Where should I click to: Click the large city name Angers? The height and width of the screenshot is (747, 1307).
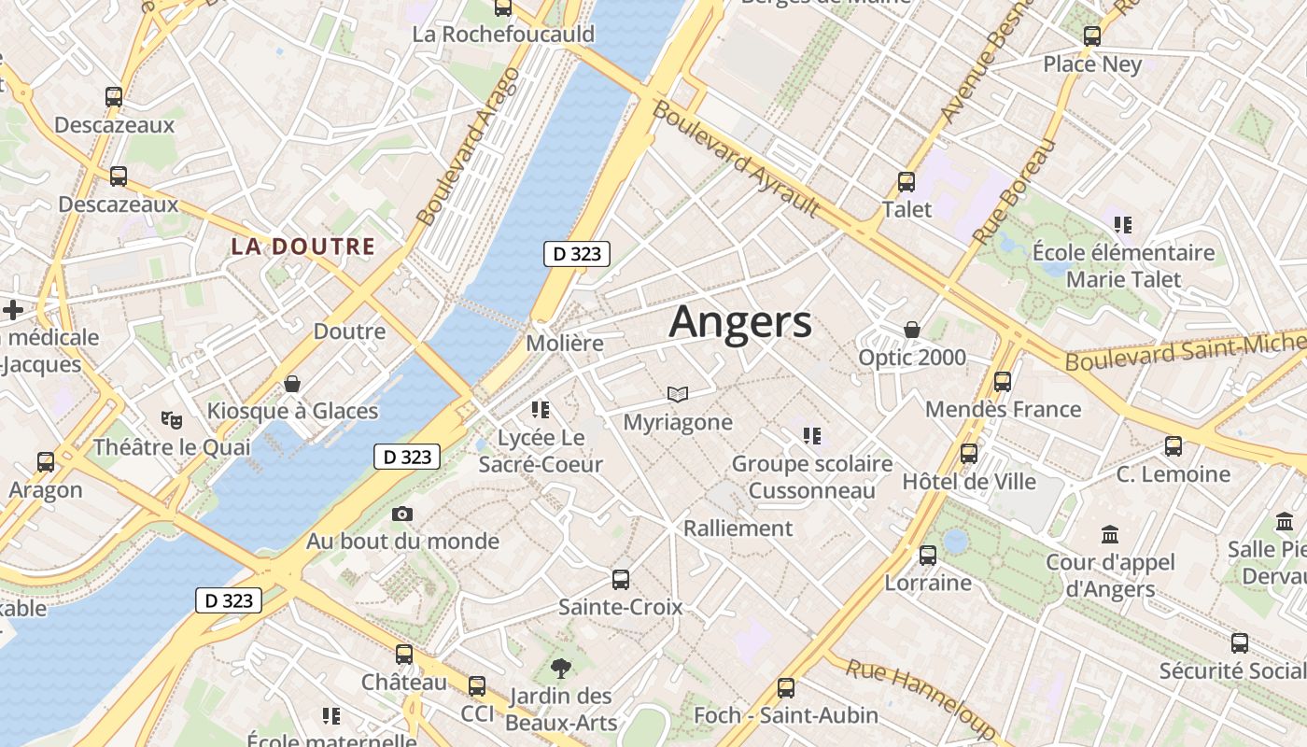point(740,322)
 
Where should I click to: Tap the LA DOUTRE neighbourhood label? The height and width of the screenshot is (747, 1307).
point(302,247)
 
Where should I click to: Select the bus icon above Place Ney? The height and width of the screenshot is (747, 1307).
point(1091,36)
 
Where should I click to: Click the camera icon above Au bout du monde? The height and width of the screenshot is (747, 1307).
point(402,514)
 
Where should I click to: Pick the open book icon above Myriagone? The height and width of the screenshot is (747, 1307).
point(678,395)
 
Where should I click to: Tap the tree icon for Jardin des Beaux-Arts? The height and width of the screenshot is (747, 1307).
point(561,668)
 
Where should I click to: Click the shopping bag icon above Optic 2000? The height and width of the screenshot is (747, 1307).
point(912,330)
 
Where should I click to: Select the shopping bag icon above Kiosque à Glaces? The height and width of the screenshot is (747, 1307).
point(292,384)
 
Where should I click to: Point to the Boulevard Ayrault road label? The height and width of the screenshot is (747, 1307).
point(736,159)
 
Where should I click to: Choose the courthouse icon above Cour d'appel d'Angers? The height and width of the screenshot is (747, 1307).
point(1110,535)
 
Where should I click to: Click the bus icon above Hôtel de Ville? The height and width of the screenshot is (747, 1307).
point(969,454)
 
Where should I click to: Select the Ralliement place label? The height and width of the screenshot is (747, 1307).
point(738,529)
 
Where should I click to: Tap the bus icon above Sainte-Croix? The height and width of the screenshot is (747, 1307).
point(621,580)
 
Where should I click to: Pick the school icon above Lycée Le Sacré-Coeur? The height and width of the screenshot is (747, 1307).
point(540,409)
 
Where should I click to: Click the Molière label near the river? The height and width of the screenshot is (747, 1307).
point(565,343)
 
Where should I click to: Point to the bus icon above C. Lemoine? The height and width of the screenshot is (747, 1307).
point(1173,446)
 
